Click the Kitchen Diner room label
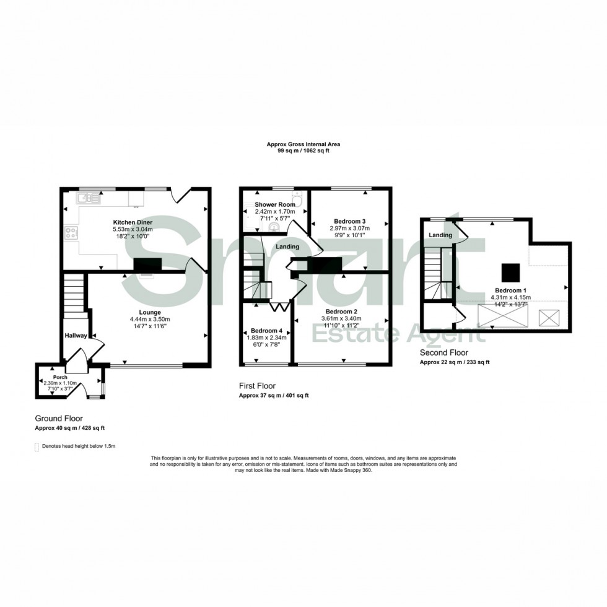pos(133,222)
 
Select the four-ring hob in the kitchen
pos(71,234)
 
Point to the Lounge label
pos(150,312)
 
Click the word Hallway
pos(76,335)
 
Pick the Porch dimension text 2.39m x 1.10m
pos(60,383)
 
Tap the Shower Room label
pos(274,204)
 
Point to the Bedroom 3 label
pos(350,221)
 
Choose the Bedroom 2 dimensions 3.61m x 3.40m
pos(342,318)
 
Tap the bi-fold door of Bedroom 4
pos(279,306)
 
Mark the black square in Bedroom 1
pos(510,272)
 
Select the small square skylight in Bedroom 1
pos(549,318)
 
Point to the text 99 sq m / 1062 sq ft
pos(303,151)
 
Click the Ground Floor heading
pos(59,419)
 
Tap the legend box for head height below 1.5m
pos(37,446)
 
